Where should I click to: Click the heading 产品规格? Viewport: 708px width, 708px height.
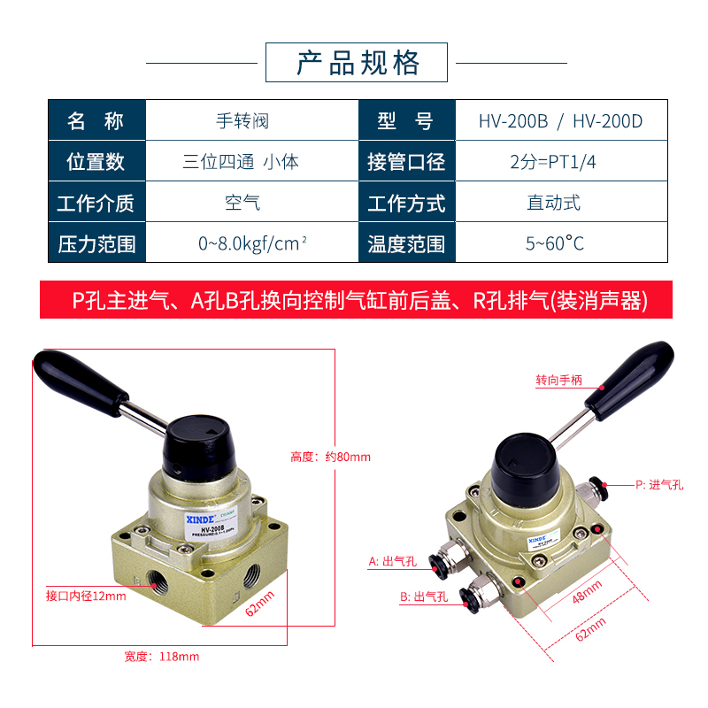358,63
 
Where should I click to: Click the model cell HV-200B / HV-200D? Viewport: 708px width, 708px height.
560,120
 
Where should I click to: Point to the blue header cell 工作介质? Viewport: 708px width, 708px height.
96,203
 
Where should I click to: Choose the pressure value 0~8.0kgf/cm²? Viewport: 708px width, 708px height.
252,243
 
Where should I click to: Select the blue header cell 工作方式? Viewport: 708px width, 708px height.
406,203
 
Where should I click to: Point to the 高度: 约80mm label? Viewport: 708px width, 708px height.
330,457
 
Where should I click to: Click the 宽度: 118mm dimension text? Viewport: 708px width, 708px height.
162,657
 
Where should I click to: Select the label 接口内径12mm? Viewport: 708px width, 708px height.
86,596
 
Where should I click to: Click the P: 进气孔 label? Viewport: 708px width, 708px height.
659,484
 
